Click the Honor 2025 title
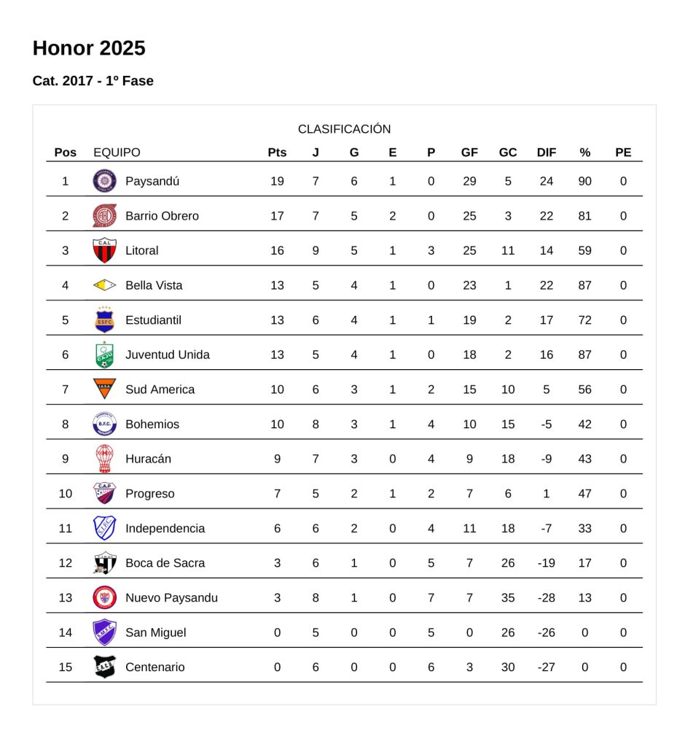pyautogui.click(x=89, y=48)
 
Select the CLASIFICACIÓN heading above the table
pyautogui.click(x=344, y=129)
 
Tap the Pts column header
pyautogui.click(x=277, y=152)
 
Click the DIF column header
pyautogui.click(x=547, y=152)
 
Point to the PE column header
pyautogui.click(x=623, y=152)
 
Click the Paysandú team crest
pyautogui.click(x=104, y=181)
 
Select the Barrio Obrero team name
pyautogui.click(x=162, y=216)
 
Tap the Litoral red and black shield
pyautogui.click(x=104, y=250)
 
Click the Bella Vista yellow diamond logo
pyautogui.click(x=104, y=285)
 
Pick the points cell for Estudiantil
pyautogui.click(x=277, y=320)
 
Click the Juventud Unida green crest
pyautogui.click(x=104, y=355)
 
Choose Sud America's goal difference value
pyautogui.click(x=547, y=390)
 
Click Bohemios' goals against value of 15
pyautogui.click(x=508, y=425)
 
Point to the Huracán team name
pyautogui.click(x=149, y=459)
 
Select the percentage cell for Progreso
pyautogui.click(x=585, y=494)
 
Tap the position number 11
pyautogui.click(x=66, y=528)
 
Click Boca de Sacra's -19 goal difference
pyautogui.click(x=547, y=563)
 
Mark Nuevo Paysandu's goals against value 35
pyautogui.click(x=508, y=598)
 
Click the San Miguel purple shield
pyautogui.click(x=104, y=632)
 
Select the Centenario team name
pyautogui.click(x=155, y=667)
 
